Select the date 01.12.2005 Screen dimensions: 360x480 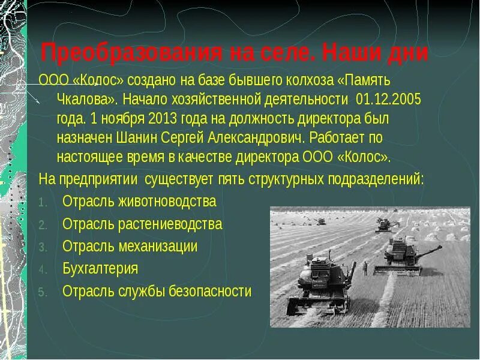(389, 99)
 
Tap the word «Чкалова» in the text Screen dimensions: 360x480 (84, 99)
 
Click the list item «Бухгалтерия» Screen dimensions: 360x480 (100, 269)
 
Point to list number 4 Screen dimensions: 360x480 (43, 269)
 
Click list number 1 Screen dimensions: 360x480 (42, 202)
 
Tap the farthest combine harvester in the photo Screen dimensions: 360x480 (383, 224)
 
